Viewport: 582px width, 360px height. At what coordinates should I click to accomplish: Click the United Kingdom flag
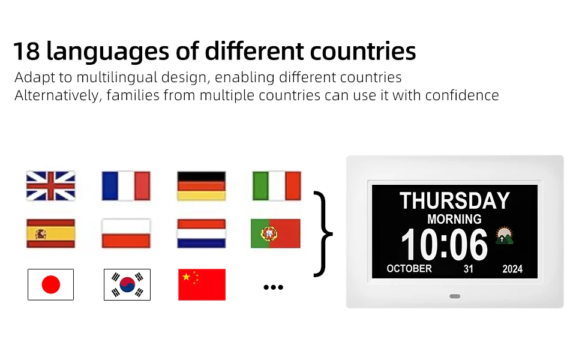coord(51,186)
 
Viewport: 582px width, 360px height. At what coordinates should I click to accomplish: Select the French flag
coord(126,186)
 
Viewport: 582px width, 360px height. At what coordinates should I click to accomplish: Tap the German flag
coord(202,186)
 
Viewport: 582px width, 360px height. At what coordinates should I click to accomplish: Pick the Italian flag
coord(277,186)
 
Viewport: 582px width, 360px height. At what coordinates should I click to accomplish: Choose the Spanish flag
coord(51,233)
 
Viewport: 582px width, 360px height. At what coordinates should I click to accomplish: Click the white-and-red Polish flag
coord(126,233)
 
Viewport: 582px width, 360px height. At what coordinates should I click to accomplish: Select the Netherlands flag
coord(202,233)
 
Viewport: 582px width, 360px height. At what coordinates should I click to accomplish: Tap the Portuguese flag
coord(276,233)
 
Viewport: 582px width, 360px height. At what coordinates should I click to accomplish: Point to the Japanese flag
coord(51,284)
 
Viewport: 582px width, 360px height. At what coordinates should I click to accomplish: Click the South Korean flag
coord(127,284)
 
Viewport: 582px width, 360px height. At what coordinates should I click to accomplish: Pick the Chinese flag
coord(202,284)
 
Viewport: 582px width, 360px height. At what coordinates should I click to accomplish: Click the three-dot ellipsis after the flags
coord(274,287)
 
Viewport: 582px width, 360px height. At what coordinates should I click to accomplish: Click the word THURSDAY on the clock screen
coord(455,201)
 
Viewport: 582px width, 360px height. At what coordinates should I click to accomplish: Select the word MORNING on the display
coord(454,220)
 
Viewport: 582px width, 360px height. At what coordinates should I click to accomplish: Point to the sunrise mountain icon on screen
coord(505,236)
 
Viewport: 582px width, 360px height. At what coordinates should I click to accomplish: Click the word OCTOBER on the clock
coord(409,269)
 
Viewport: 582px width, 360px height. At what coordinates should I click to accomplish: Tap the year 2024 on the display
coord(512,269)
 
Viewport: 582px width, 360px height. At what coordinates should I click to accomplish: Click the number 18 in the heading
coord(27,51)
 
